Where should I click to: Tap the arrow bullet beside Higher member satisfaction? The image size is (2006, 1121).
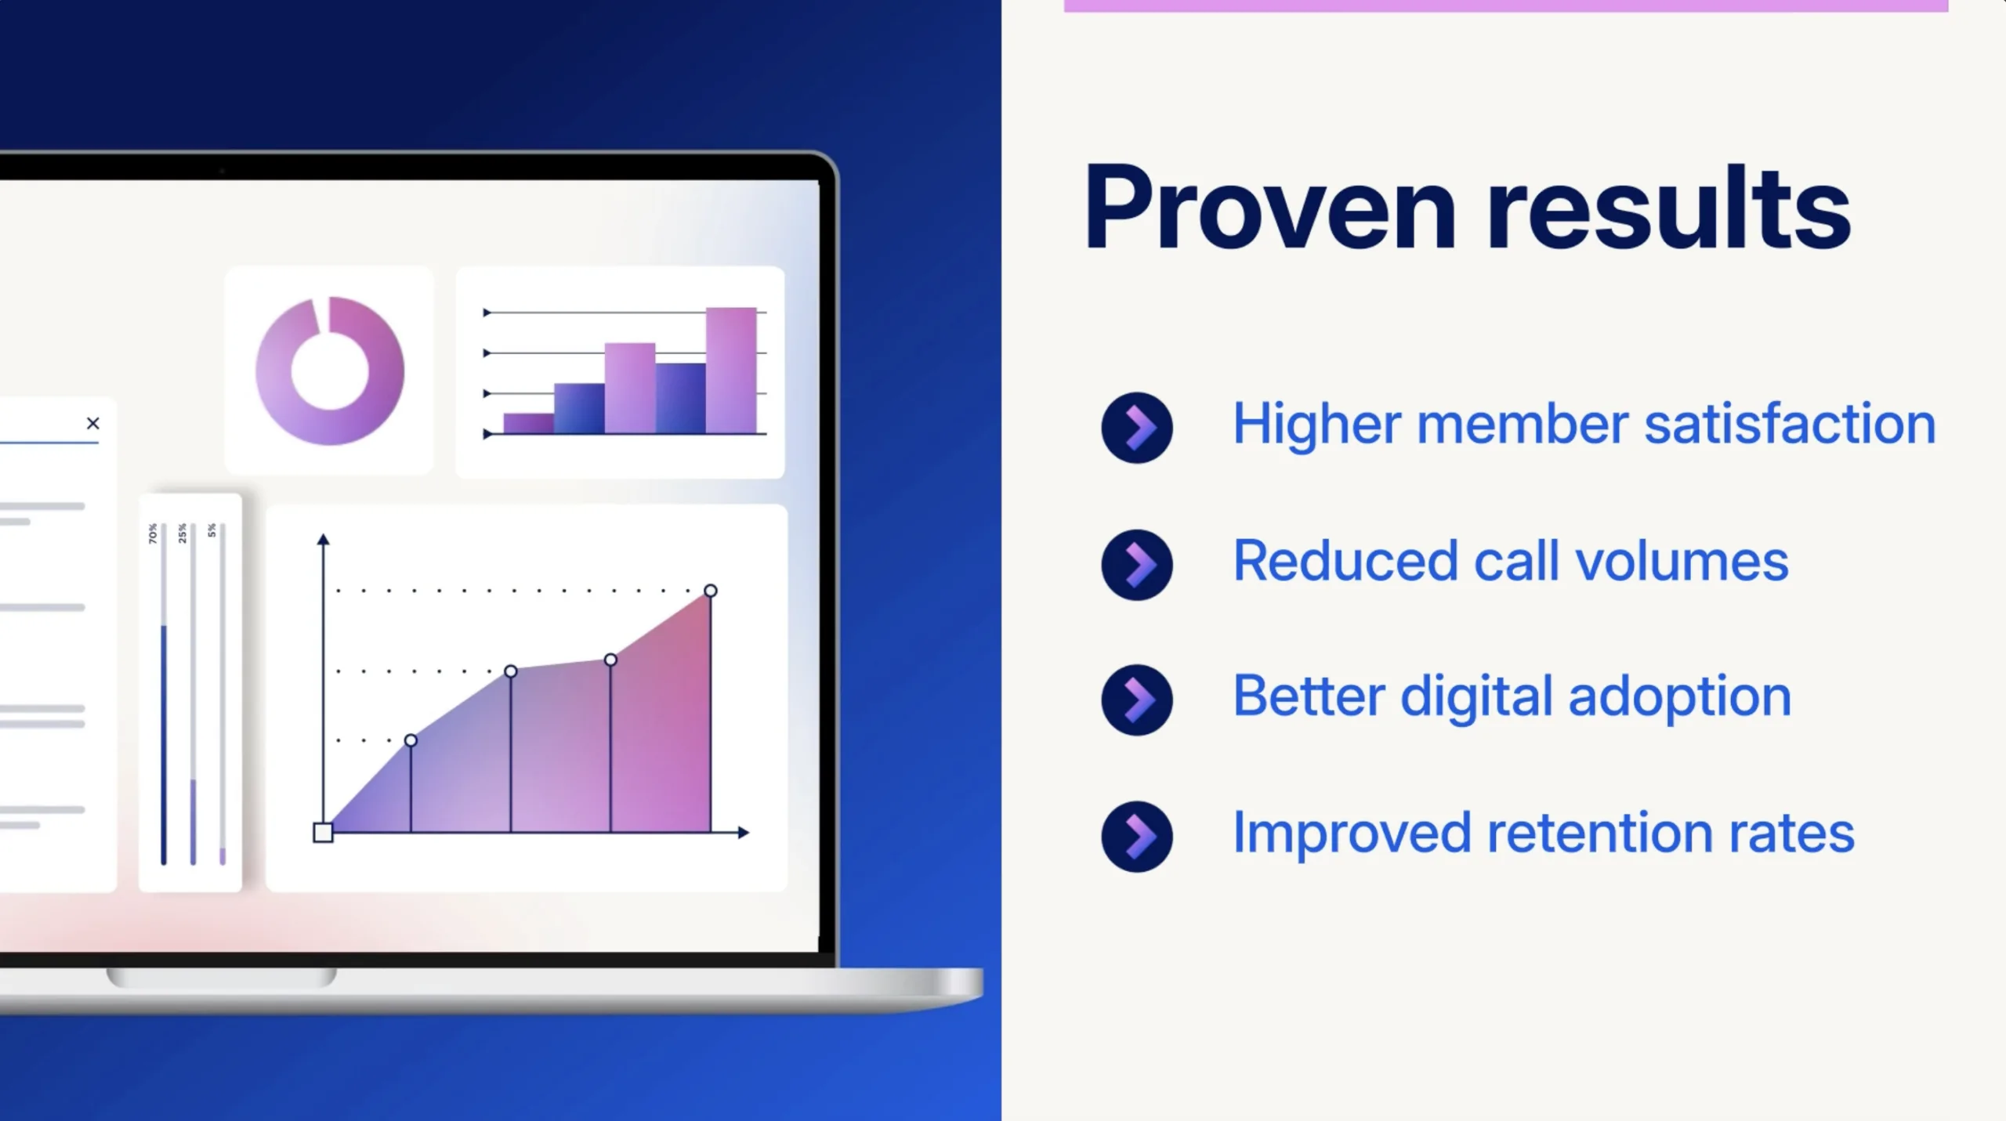[1137, 428]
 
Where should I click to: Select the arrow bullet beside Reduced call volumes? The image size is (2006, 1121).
[1137, 565]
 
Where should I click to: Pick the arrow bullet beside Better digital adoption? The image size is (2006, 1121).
[1137, 700]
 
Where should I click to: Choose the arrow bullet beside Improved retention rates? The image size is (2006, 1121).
[1137, 837]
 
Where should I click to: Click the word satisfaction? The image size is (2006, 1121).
[1790, 424]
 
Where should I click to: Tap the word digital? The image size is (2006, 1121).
[1476, 697]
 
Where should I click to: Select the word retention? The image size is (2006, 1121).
[1600, 833]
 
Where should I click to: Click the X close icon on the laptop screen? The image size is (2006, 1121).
[93, 424]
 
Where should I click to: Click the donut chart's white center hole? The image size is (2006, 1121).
[330, 371]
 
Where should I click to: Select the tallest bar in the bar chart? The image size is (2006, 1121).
[731, 371]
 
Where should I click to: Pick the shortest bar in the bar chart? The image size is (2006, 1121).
[529, 424]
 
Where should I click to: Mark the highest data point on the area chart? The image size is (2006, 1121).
[710, 591]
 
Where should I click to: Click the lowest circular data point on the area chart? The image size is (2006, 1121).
[411, 740]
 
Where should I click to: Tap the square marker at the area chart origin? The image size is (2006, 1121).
[323, 833]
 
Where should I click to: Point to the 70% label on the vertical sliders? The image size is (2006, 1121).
[153, 533]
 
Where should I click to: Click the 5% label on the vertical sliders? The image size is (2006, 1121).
[212, 530]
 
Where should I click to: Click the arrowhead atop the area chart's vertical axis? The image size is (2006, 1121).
[323, 539]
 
